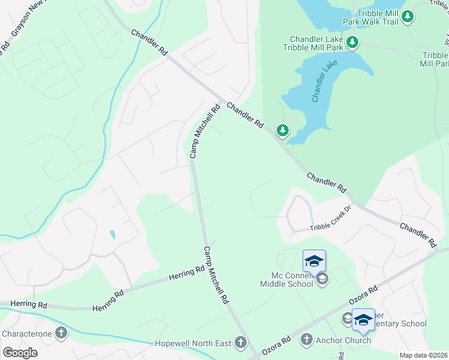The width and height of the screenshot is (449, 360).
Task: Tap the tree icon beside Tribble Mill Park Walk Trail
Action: tap(408, 16)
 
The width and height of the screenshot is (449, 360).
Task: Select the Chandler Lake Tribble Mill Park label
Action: tap(315, 42)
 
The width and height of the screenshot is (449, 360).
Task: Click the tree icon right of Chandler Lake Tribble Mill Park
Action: tap(352, 42)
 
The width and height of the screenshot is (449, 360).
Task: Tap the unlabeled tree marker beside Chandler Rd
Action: tap(282, 130)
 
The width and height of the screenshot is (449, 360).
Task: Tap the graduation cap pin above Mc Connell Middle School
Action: tap(314, 261)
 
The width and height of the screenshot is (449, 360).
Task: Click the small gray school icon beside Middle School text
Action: tap(322, 279)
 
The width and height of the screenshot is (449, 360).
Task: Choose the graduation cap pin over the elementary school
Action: tap(363, 320)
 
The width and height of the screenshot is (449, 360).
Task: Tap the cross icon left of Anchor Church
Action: tap(307, 340)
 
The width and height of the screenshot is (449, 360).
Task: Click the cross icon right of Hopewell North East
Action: tap(240, 343)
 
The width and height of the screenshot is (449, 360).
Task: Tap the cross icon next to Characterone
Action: tap(61, 333)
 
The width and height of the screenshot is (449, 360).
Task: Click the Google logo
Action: tap(20, 353)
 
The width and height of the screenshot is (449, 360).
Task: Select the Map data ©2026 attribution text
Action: tap(423, 355)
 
